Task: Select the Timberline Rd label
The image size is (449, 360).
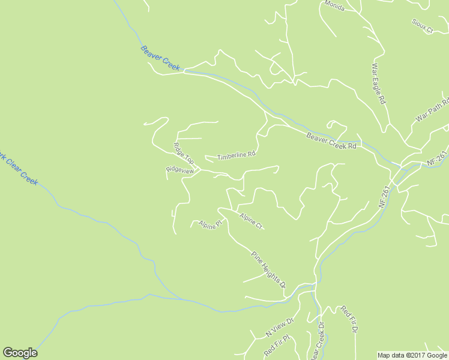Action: click(237, 155)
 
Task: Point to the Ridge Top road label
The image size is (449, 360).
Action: click(184, 153)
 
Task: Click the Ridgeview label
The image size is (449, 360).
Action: click(179, 170)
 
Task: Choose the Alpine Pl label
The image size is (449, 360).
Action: click(211, 224)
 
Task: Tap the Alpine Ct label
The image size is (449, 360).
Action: click(251, 221)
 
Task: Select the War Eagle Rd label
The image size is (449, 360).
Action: click(378, 85)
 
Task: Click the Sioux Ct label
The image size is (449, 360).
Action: click(422, 26)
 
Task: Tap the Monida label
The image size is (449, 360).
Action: click(334, 5)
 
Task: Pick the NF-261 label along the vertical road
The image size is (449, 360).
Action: click(384, 196)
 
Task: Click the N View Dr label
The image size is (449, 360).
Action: click(279, 328)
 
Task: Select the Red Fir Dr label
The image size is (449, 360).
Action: click(349, 319)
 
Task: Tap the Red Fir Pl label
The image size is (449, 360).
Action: click(277, 347)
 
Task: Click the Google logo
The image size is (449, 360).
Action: click(20, 353)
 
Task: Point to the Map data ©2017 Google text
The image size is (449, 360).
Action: click(412, 355)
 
